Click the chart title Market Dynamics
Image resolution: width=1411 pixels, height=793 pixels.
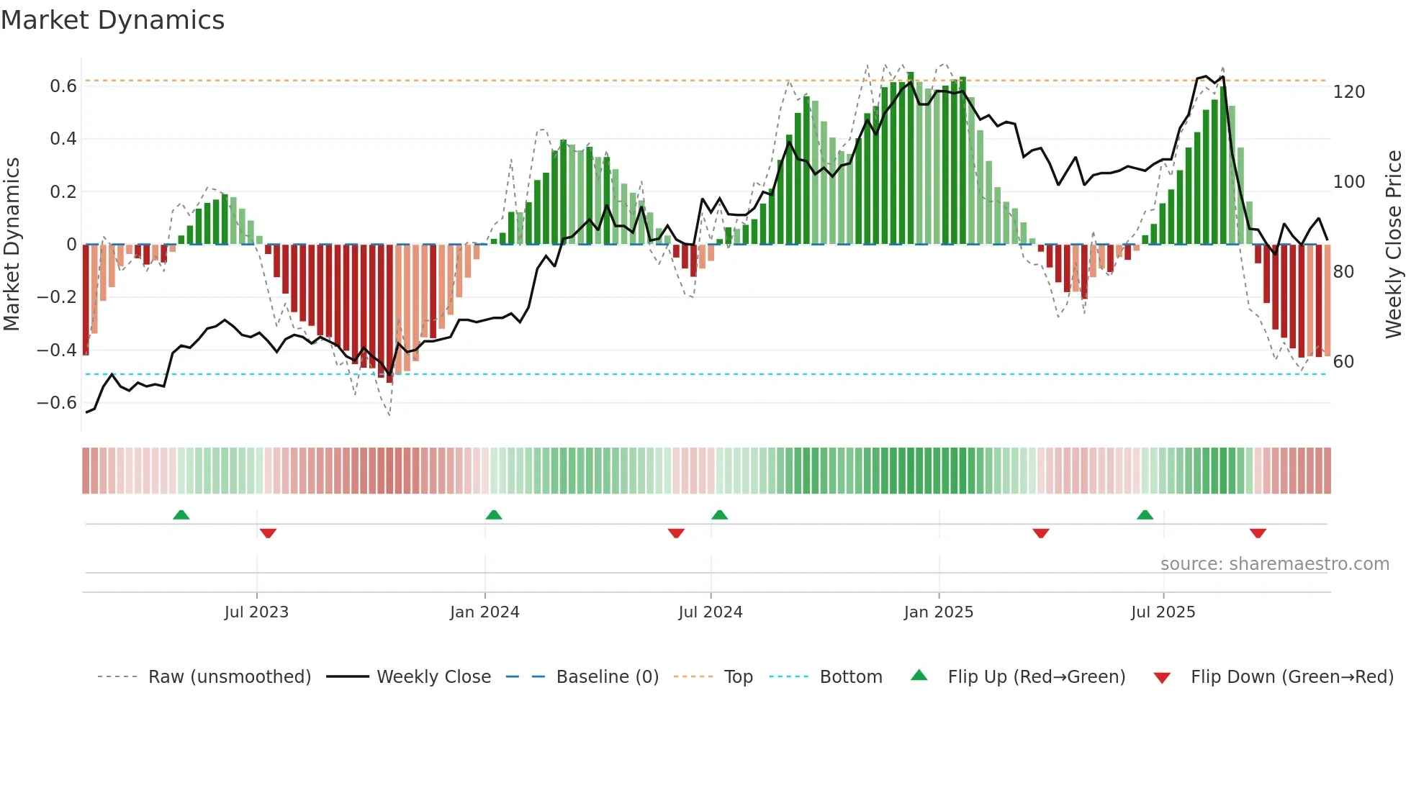[x=112, y=20]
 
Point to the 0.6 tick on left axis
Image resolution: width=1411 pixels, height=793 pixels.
[x=63, y=86]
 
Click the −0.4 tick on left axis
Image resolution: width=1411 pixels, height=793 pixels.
[x=57, y=350]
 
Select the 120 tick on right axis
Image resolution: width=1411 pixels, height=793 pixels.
[x=1348, y=92]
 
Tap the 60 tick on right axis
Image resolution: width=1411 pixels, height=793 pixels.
[x=1343, y=362]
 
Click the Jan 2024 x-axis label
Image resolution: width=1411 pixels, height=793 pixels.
[x=484, y=612]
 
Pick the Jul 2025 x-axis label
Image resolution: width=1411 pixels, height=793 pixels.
[x=1163, y=612]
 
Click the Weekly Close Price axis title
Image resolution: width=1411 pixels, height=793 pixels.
[x=1394, y=245]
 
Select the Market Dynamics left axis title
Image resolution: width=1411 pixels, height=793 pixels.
[x=12, y=245]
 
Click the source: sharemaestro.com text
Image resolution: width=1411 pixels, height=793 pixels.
[x=1274, y=564]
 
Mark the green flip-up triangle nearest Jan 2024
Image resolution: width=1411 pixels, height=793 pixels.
[x=494, y=515]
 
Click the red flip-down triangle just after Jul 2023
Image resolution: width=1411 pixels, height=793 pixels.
[x=268, y=533]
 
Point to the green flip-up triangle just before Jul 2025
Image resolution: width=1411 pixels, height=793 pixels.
[x=1145, y=515]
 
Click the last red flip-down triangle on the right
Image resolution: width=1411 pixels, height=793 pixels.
[x=1258, y=533]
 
